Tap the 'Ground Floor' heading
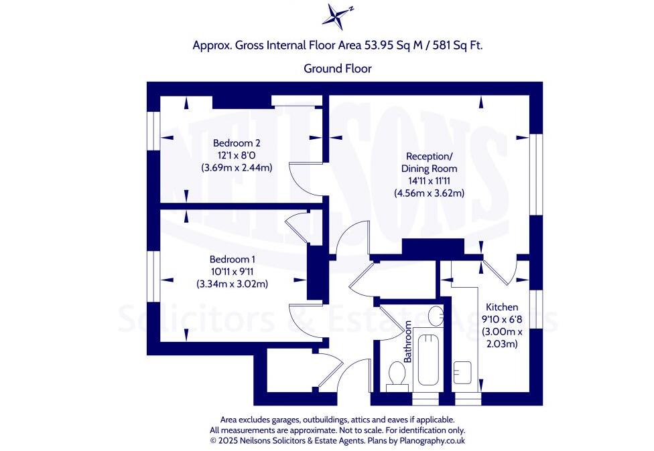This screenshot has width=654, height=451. pos(337,68)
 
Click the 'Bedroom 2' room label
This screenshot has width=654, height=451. pos(236,143)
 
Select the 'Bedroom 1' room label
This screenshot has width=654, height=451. pos(232,260)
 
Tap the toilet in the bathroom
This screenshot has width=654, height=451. pos(396,375)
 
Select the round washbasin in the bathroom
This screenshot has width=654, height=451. pos(436,314)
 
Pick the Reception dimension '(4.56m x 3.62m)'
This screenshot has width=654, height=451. pos(429,193)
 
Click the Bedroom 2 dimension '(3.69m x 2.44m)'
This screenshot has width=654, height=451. pos(237,168)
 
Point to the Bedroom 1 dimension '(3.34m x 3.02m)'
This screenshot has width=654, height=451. pos(232,284)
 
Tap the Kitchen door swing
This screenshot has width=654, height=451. pos(499,272)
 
